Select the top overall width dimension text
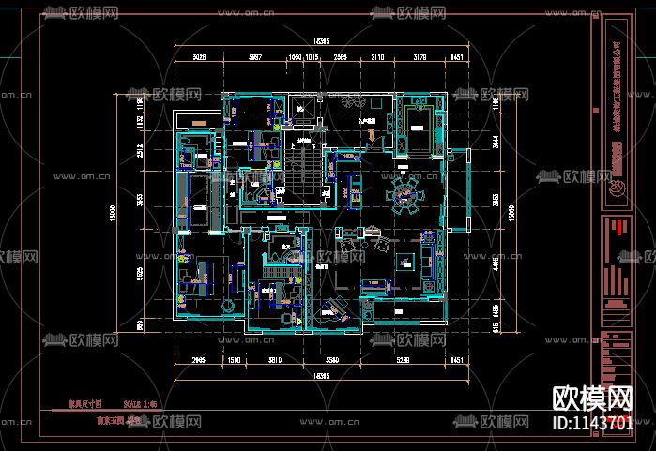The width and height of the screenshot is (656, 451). [x=322, y=42]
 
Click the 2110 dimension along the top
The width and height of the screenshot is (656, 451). [x=376, y=57]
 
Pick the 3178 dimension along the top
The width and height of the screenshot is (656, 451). [x=419, y=57]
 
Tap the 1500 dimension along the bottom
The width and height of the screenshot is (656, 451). [x=235, y=360]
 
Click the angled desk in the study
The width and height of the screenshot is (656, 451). [x=332, y=308]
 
